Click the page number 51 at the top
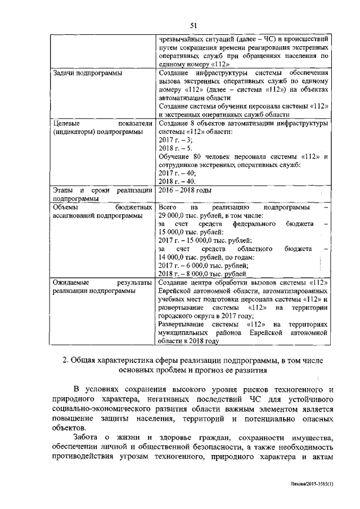(193, 25)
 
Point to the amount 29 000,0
(175, 216)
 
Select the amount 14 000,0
(175, 257)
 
